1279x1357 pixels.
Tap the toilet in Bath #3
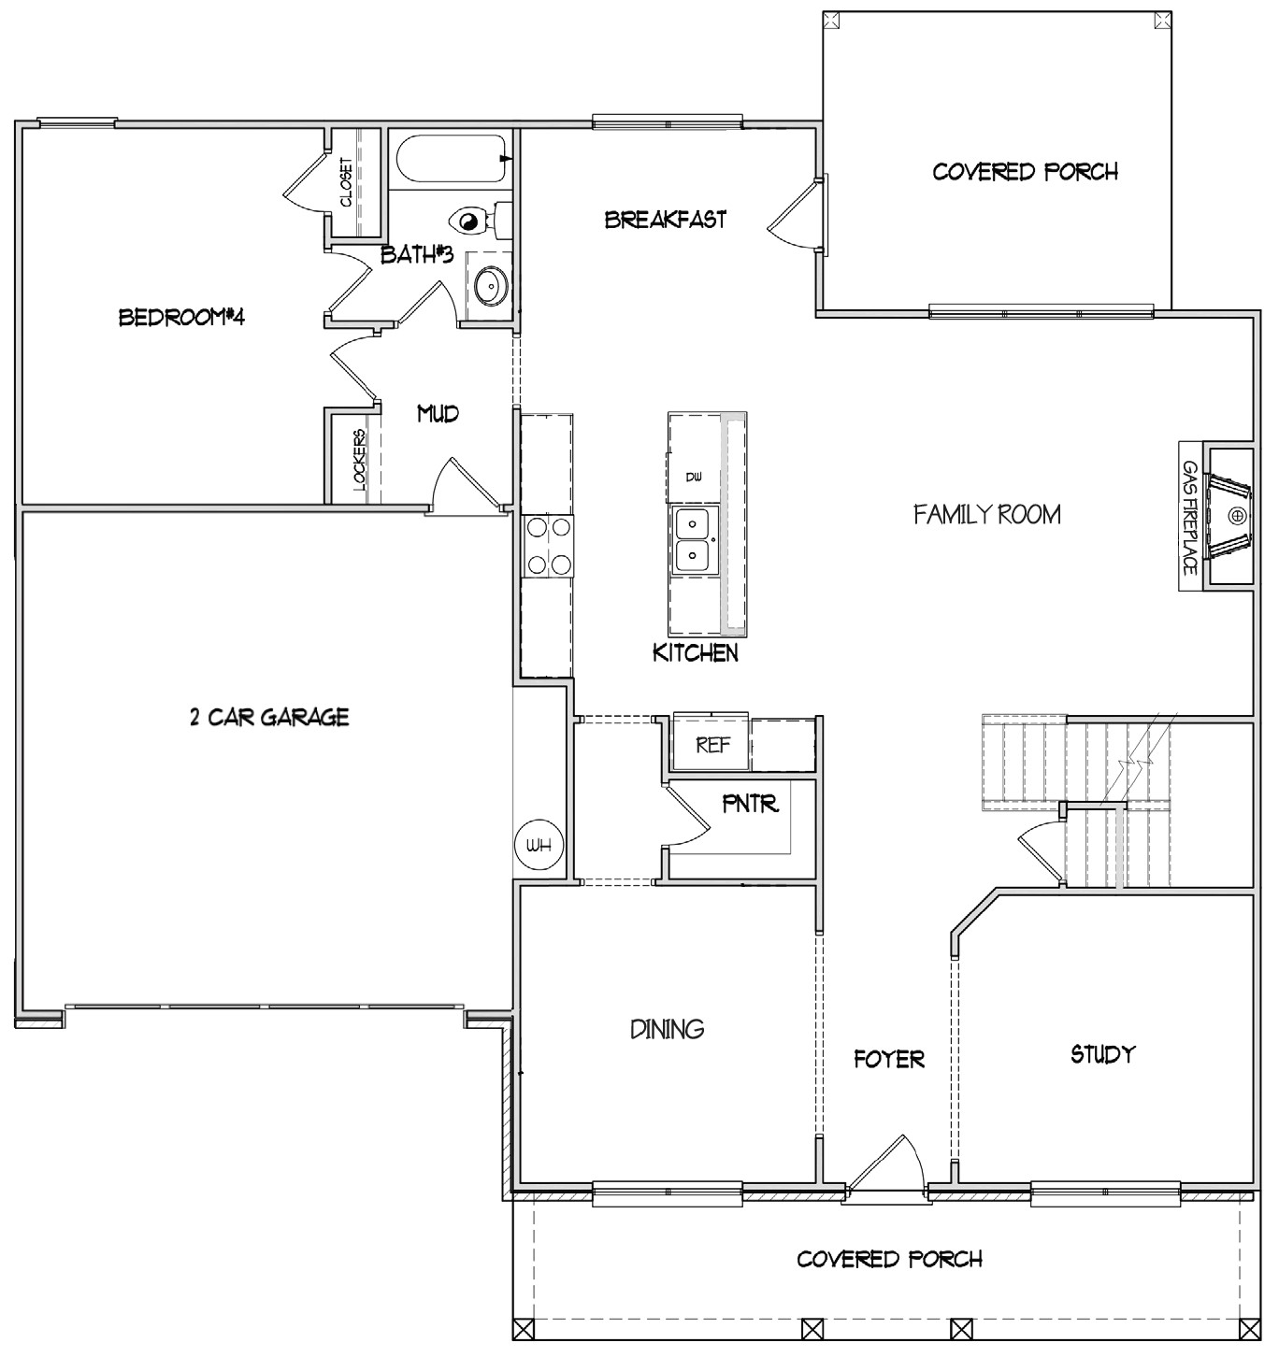pos(475,221)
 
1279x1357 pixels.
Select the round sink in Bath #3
pos(489,284)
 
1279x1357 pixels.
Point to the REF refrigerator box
pos(712,746)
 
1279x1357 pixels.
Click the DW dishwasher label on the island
pos(693,478)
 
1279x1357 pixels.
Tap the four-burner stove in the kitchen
pos(548,545)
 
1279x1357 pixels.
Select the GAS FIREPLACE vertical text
pos(1190,516)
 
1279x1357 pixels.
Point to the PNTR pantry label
pos(750,804)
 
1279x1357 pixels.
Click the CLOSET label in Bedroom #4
pos(347,182)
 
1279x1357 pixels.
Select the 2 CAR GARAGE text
pos(269,717)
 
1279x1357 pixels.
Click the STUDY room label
pos(1102,1054)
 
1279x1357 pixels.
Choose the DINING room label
pos(667,1029)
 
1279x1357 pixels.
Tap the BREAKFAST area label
pos(665,220)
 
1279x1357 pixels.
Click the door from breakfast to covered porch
pos(795,217)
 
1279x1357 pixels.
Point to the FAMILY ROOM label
pos(986,514)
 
